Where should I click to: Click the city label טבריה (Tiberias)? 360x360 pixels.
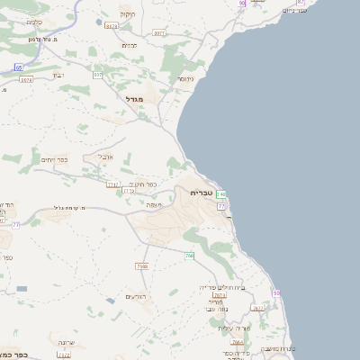(x=201, y=193)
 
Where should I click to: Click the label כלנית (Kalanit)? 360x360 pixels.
(x=34, y=21)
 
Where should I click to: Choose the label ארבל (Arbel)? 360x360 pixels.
(x=105, y=155)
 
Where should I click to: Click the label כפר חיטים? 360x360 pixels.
(x=143, y=184)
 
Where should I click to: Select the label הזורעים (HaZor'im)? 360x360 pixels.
(x=135, y=296)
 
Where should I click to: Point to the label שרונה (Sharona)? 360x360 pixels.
(x=66, y=343)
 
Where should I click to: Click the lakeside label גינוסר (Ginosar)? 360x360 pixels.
(x=186, y=78)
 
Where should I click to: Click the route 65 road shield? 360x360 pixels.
(x=19, y=67)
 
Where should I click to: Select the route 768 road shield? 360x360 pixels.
(x=190, y=256)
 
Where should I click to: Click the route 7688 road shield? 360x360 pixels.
(x=142, y=266)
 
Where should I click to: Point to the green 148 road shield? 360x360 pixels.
(x=221, y=194)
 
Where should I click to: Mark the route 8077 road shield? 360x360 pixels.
(x=159, y=33)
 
